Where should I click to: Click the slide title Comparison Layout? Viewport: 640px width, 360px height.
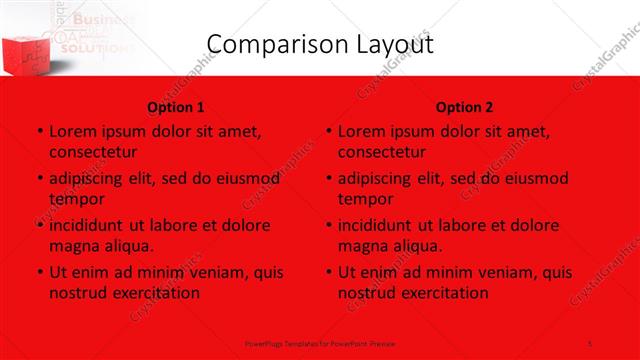click(319, 44)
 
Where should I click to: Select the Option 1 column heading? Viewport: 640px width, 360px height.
click(176, 107)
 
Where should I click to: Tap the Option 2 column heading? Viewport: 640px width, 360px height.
click(464, 107)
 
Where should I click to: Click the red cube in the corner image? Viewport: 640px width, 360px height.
click(23, 44)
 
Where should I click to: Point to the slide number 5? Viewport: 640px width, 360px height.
click(592, 343)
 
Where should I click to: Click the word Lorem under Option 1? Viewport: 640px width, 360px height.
click(72, 131)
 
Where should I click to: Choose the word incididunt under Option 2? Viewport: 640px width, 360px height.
click(378, 225)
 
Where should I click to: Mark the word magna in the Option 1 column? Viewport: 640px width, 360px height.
click(73, 246)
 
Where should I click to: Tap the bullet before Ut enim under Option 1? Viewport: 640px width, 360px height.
click(39, 272)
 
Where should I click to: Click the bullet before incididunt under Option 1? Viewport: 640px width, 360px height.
click(39, 225)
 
